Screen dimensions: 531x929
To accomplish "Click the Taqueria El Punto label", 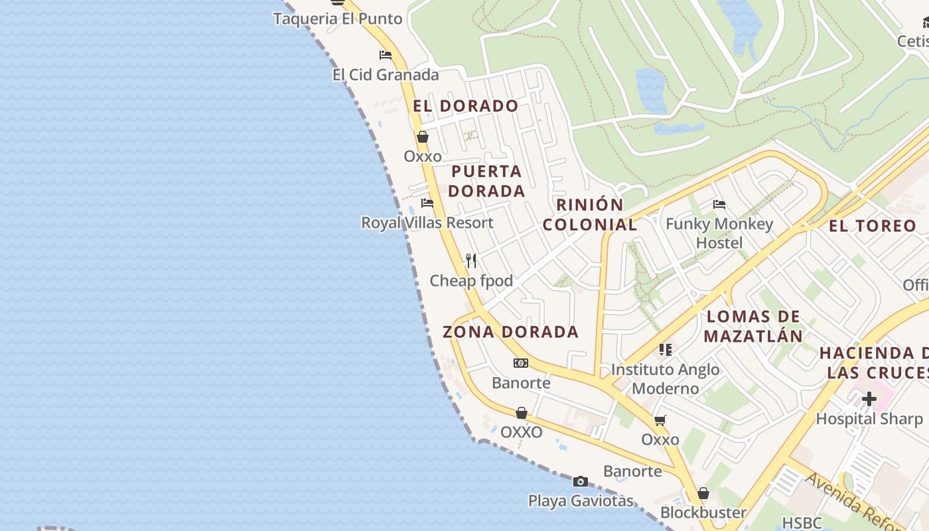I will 338,19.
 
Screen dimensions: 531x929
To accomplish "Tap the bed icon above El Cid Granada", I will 385,55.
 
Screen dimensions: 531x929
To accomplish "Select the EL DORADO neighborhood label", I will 465,106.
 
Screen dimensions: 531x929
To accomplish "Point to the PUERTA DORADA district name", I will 486,181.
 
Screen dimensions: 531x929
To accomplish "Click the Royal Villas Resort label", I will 427,223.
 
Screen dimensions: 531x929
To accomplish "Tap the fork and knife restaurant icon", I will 471,260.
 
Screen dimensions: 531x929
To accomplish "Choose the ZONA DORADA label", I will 510,332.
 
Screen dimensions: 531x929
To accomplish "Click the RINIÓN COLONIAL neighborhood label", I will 590,214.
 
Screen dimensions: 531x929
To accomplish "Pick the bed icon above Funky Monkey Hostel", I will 719,204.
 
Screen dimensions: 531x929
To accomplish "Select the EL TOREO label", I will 872,226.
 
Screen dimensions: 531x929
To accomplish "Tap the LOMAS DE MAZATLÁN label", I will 753,326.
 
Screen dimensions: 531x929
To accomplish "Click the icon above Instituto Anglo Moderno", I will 666,350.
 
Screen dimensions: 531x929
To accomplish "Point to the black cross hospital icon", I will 869,399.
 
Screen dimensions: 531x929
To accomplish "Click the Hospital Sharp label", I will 869,419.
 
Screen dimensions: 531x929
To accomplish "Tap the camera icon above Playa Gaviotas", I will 581,481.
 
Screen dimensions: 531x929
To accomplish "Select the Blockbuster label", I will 703,512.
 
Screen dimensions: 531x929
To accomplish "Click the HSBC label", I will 802,523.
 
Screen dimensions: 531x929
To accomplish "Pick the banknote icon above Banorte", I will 521,363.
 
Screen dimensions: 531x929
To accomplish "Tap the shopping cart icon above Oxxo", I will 660,420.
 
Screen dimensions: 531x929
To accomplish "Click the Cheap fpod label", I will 471,281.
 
